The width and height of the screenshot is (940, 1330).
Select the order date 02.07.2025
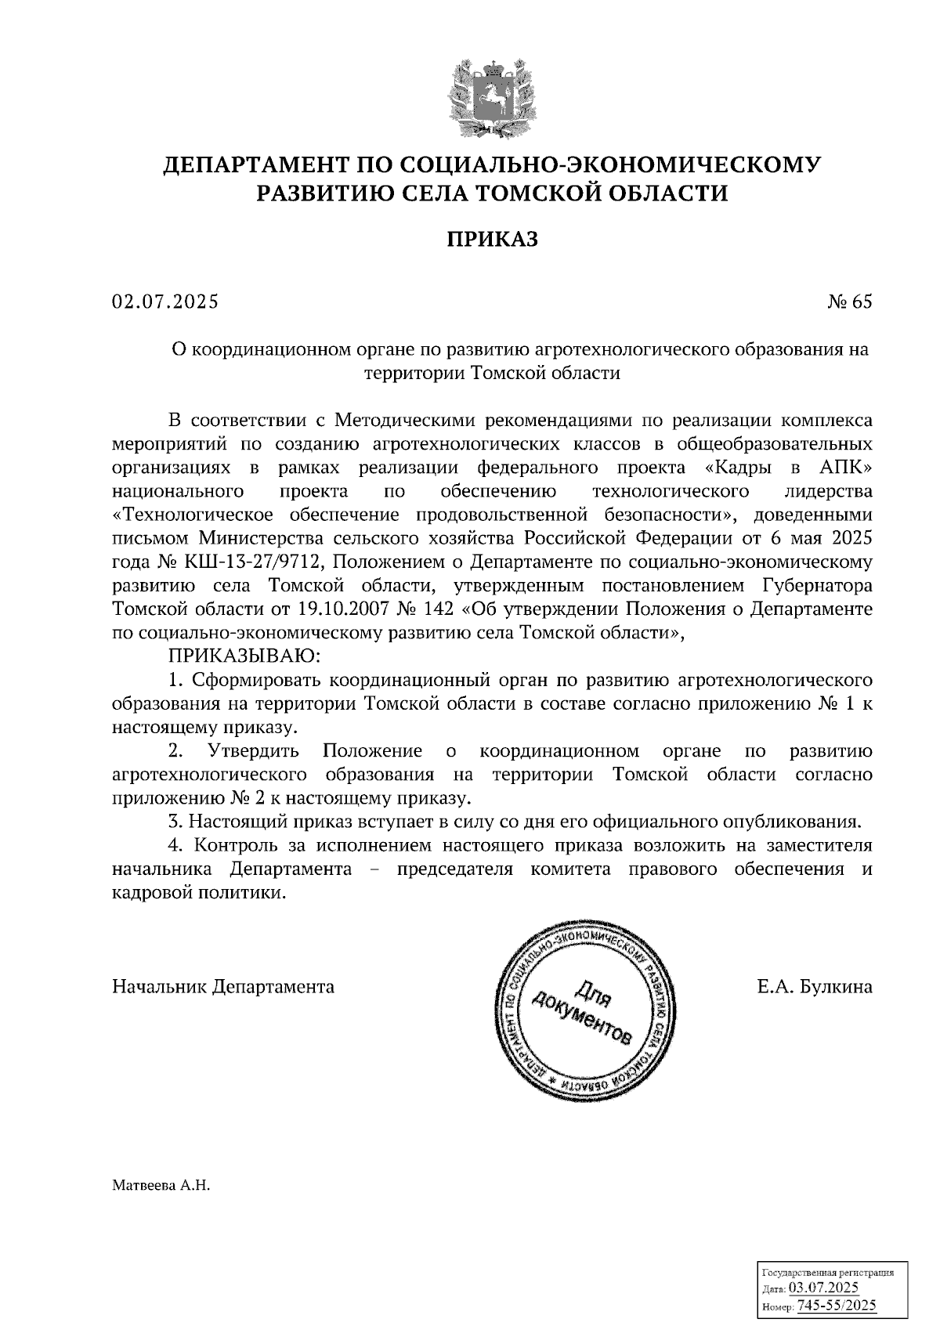[165, 302]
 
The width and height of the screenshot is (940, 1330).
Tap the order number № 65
[849, 302]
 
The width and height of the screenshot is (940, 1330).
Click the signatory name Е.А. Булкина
[814, 987]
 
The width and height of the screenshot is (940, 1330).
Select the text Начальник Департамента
[223, 987]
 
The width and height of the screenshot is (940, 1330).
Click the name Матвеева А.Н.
[161, 1186]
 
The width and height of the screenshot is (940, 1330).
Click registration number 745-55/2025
[835, 1307]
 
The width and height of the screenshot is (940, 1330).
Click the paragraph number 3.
[173, 822]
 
